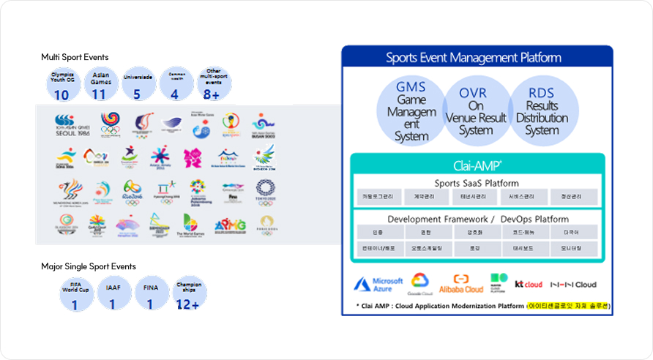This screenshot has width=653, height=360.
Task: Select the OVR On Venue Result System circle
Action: (476, 110)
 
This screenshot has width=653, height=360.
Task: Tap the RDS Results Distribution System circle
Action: (542, 110)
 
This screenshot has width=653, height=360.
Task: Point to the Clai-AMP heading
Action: (477, 165)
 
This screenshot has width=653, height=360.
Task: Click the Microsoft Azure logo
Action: (378, 285)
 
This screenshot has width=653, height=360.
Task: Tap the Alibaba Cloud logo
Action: (461, 284)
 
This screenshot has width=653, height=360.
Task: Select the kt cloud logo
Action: (529, 284)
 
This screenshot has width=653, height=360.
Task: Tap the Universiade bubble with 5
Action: (137, 84)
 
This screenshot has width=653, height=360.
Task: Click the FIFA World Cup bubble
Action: (75, 293)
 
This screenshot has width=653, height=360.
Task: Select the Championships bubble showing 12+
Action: (189, 293)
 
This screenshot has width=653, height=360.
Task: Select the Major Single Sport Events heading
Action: (88, 266)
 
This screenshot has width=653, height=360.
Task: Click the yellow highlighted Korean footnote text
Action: (568, 305)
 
